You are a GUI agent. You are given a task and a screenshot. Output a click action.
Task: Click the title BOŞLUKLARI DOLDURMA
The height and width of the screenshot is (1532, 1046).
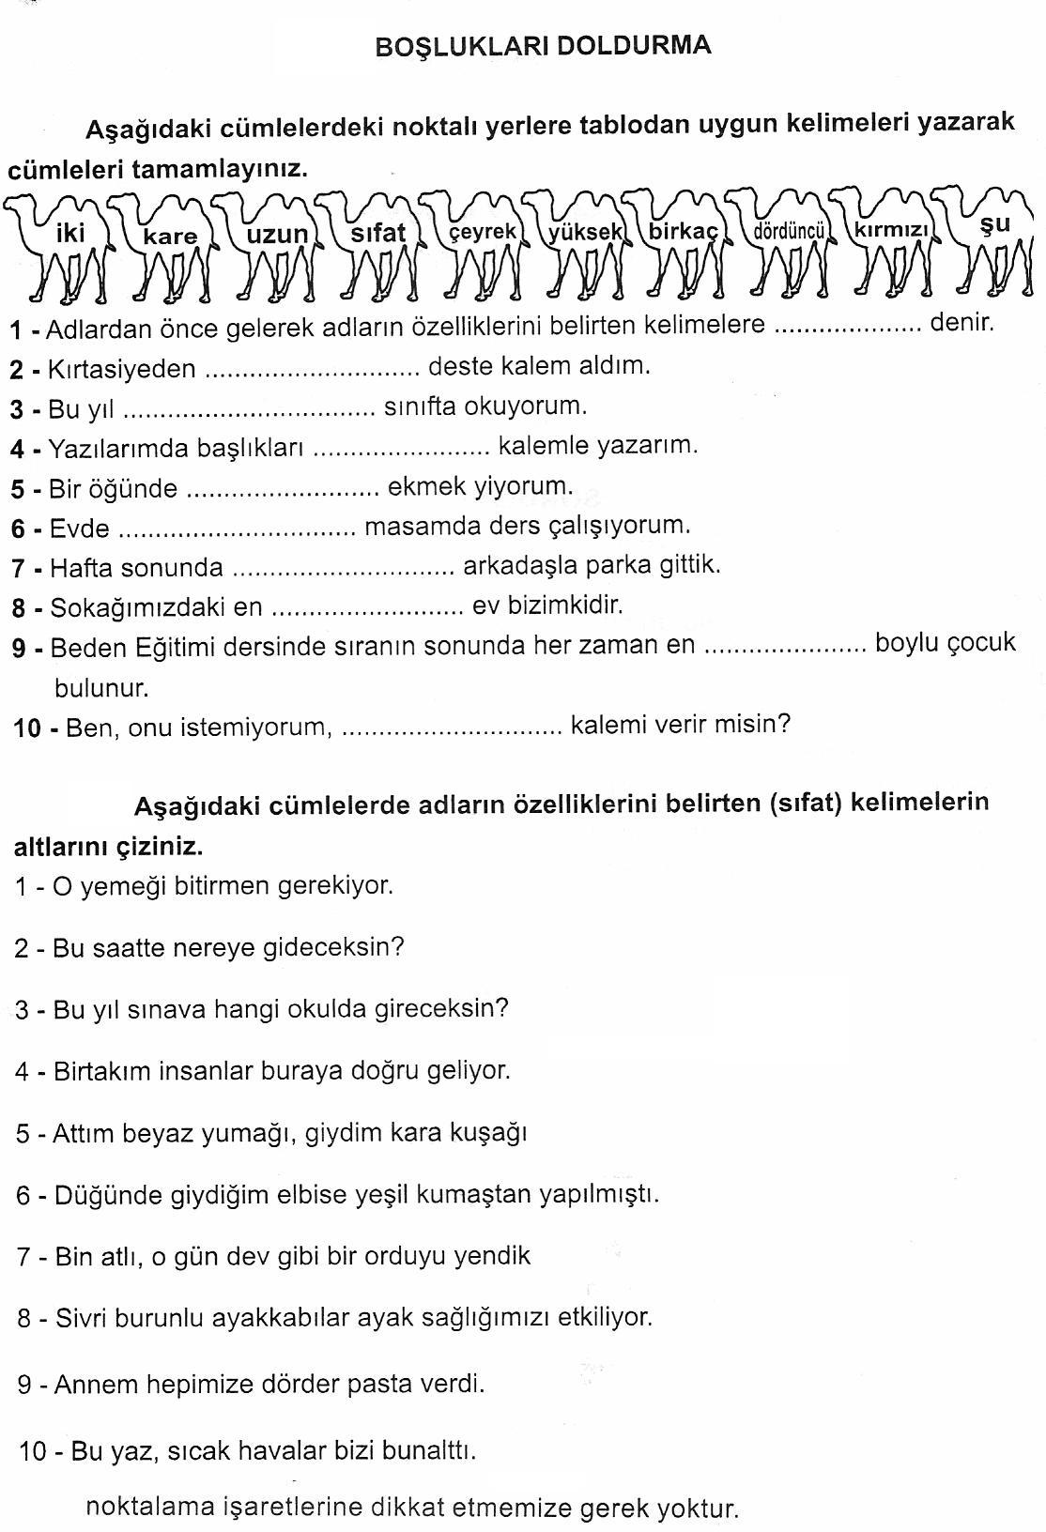click(543, 47)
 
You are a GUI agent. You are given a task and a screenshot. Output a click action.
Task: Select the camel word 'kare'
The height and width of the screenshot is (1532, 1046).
click(170, 237)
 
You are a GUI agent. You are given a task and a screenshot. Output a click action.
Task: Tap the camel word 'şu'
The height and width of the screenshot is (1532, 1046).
click(994, 224)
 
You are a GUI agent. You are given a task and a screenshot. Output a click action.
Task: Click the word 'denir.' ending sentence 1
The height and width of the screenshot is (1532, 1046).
click(961, 324)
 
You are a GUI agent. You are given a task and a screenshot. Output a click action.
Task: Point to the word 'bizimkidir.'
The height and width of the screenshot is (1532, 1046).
click(547, 605)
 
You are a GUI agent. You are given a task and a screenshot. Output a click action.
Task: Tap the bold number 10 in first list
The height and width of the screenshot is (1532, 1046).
click(27, 728)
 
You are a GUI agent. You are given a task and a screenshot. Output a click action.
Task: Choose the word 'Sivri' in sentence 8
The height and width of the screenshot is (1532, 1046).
click(82, 1318)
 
